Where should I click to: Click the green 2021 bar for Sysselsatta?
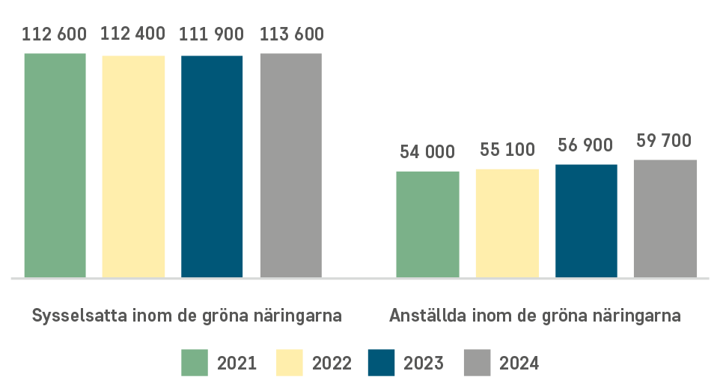point(55,166)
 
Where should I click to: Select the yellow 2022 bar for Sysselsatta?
point(133,166)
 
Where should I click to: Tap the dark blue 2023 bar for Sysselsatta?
point(212,166)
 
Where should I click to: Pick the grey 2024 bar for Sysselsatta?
point(290,166)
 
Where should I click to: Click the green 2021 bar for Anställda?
point(428,225)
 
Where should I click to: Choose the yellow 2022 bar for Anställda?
point(507,223)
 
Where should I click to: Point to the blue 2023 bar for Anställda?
point(586,221)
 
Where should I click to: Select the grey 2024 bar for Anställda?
point(665,219)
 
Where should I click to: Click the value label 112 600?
point(54,34)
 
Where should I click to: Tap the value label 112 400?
point(133,34)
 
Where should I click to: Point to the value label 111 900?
point(211,34)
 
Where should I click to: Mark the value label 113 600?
point(292,34)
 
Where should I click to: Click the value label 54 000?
point(427,151)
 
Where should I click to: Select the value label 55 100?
point(507,149)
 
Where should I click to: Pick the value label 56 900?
point(585,145)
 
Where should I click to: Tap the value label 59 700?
point(664,141)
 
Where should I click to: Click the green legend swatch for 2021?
point(195,363)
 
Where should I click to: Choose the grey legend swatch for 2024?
point(477,363)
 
